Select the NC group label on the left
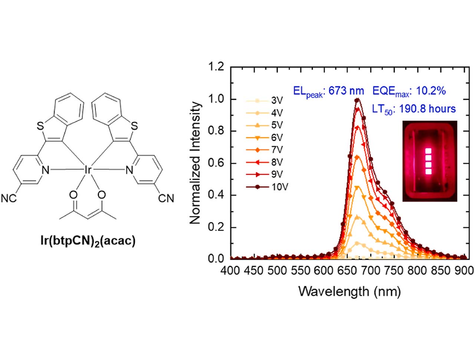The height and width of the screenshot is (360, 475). tap(9, 199)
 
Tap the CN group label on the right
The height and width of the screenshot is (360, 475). tap(166, 199)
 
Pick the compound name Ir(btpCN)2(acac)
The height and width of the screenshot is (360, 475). tap(88, 241)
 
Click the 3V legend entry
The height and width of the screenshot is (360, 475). tap(277, 101)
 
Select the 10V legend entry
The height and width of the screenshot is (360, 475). tap(279, 187)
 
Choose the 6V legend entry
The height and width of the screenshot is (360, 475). tap(277, 138)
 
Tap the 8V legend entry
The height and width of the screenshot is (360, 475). tap(277, 162)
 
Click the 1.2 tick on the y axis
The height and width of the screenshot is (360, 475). tap(216, 68)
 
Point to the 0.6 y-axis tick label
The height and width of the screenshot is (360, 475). tap(216, 163)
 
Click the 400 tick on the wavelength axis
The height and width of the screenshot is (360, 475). tap(230, 271)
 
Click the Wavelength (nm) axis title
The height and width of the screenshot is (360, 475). tap(350, 291)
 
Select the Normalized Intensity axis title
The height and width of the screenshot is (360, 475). tap(195, 163)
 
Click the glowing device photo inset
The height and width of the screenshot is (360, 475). tap(429, 161)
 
